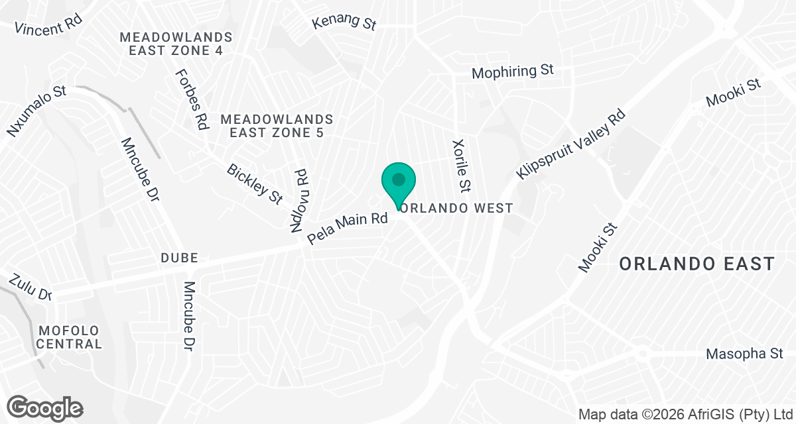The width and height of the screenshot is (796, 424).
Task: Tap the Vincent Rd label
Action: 48,26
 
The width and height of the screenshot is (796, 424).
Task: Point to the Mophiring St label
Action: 512,72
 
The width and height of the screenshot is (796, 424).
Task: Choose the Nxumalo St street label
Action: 38,110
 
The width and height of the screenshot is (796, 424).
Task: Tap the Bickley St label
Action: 255,184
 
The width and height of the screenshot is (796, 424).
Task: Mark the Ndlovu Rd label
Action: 300,199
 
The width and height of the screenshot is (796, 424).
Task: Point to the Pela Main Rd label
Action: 348,228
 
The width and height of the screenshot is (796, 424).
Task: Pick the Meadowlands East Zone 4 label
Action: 176,44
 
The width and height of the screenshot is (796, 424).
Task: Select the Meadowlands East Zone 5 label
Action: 277,126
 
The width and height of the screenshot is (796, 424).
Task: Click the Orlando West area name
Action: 458,208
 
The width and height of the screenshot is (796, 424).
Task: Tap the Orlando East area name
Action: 696,264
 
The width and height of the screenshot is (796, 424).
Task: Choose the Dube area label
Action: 179,258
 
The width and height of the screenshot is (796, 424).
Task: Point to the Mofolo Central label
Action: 70,337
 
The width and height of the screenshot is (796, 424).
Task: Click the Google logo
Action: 46,407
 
